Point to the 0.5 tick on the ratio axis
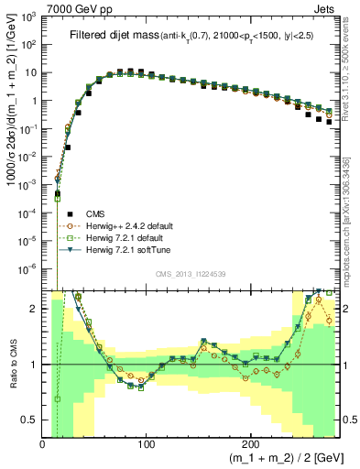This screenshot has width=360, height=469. tap(31, 420)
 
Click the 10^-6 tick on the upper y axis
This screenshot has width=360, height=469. tap(29, 268)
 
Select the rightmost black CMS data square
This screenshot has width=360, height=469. tap(329, 121)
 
